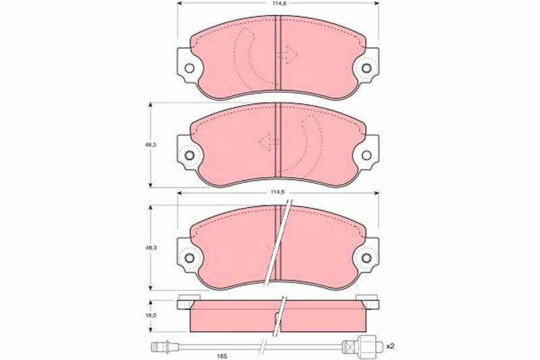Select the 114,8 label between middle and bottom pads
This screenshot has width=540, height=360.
[x=279, y=192]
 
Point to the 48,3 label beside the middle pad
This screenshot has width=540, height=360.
[x=151, y=145]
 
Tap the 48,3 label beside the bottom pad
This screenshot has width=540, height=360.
[x=151, y=248]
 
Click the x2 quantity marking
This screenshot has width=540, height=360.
[x=390, y=346]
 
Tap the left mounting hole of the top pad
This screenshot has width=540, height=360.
[x=189, y=68]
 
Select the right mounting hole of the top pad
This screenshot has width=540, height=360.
[x=367, y=68]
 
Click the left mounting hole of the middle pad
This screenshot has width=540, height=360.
[x=189, y=155]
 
